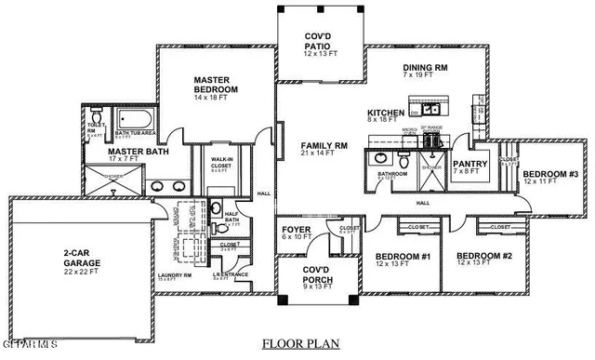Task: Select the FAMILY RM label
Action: [324, 146]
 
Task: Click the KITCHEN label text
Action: [386, 113]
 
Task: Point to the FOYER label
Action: [297, 230]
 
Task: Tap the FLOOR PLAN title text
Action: [297, 344]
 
